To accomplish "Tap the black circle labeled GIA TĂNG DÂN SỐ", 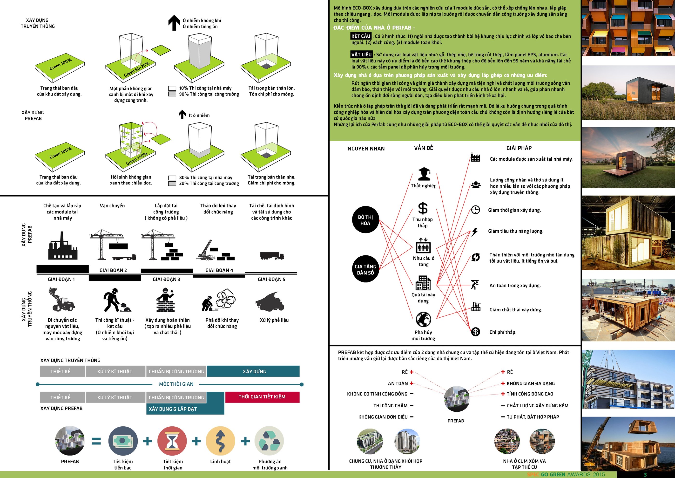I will (x=365, y=269).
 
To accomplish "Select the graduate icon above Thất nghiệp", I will (x=424, y=174).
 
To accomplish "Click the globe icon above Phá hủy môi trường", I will (x=423, y=319).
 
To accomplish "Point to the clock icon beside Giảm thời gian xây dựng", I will (x=475, y=210).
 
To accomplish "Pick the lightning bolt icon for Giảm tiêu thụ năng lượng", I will (x=475, y=232).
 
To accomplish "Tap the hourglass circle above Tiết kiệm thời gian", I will (x=172, y=441).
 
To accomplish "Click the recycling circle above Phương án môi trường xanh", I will (x=269, y=441).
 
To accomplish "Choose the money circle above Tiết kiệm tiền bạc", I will (x=123, y=441).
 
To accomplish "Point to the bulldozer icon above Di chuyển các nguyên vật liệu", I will (x=61, y=300).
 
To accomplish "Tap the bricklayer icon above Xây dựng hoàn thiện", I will (x=165, y=300).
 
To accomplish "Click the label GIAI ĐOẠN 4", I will (x=219, y=270).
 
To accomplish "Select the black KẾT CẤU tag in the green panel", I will (x=361, y=36).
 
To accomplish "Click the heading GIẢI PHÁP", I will (x=519, y=148).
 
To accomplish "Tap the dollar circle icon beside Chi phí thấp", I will (x=475, y=332).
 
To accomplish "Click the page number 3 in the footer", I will (x=645, y=474).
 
